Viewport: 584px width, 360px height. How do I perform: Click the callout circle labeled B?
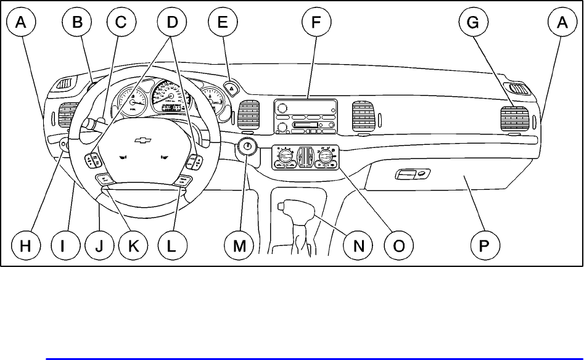77,23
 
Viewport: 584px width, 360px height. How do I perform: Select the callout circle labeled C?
121,23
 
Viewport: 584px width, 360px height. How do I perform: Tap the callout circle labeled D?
172,23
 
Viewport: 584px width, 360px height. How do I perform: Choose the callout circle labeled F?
316,23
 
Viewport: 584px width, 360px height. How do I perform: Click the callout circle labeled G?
473,23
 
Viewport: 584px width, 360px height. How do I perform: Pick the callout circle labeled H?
25,245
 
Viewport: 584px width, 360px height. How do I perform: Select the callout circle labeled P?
483,245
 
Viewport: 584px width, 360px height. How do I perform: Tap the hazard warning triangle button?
231,89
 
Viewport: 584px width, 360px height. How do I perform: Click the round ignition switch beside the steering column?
247,147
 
